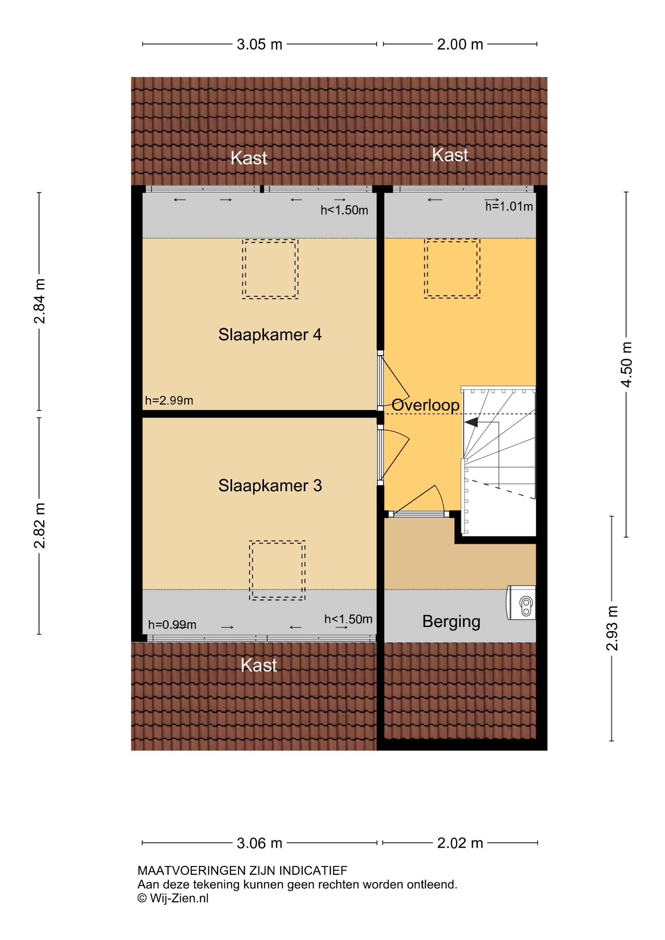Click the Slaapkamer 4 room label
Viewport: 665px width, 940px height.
pyautogui.click(x=270, y=335)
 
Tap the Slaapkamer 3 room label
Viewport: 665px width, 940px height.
pyautogui.click(x=270, y=486)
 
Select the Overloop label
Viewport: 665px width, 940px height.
pyautogui.click(x=425, y=405)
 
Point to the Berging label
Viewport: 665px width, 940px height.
pyautogui.click(x=451, y=622)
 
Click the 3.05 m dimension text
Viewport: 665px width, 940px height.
pyautogui.click(x=260, y=44)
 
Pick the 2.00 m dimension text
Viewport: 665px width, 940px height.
pyautogui.click(x=460, y=44)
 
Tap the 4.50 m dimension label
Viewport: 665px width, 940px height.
pyautogui.click(x=626, y=364)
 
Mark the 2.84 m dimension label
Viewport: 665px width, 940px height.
pyautogui.click(x=39, y=301)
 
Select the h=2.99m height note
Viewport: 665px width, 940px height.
pyautogui.click(x=169, y=400)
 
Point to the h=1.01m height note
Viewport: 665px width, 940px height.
pyautogui.click(x=509, y=206)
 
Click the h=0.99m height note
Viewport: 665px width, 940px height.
pyautogui.click(x=172, y=625)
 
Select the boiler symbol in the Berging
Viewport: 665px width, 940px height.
pyautogui.click(x=521, y=602)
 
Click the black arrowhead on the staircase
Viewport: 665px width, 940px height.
pyautogui.click(x=471, y=422)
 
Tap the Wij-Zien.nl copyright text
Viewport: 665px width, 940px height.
pyautogui.click(x=173, y=898)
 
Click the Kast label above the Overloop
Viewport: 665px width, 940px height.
pyautogui.click(x=450, y=155)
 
